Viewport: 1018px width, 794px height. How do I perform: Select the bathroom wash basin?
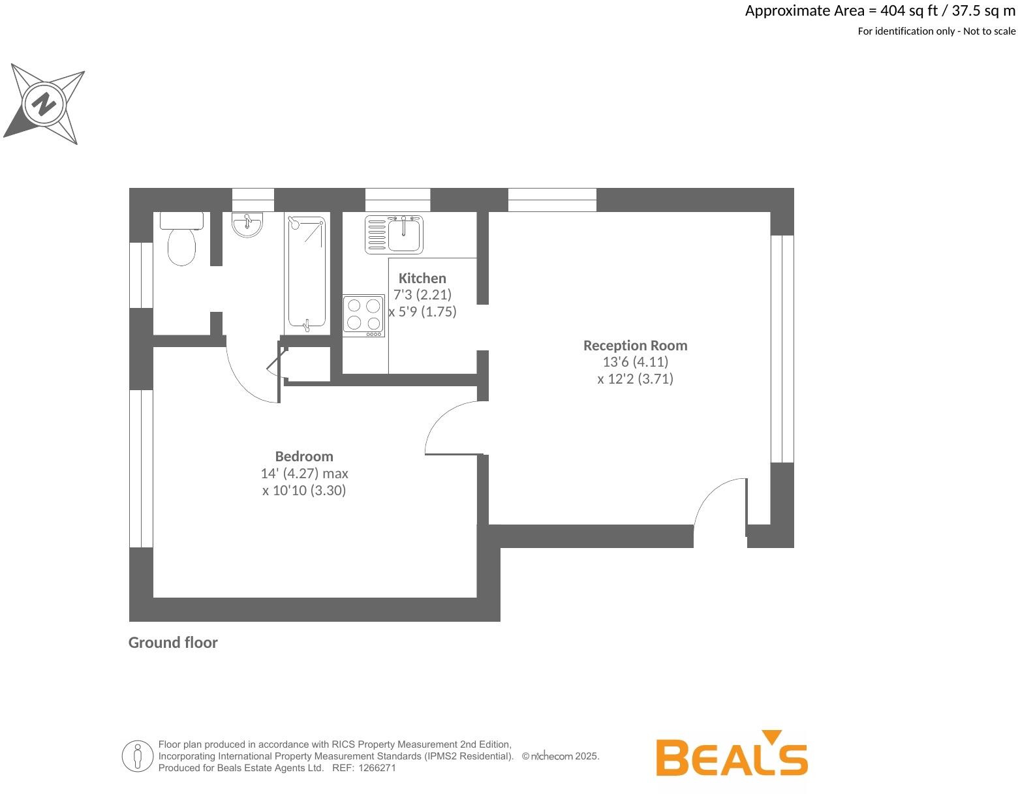coord(247,224)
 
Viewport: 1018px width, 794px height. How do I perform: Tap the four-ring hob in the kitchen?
coord(364,315)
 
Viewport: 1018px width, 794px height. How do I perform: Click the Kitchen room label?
coord(422,278)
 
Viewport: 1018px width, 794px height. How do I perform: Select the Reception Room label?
coord(635,345)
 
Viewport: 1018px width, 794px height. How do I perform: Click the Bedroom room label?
coord(304,456)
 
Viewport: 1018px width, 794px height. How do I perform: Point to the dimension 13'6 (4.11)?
coord(635,362)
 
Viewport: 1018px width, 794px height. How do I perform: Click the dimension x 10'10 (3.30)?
coord(304,491)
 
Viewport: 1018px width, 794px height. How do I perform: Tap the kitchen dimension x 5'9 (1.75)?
coord(422,312)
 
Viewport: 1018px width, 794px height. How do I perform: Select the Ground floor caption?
coord(173,643)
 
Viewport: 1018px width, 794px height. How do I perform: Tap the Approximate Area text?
coord(880,11)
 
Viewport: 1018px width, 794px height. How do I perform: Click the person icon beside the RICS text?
coord(137,756)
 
